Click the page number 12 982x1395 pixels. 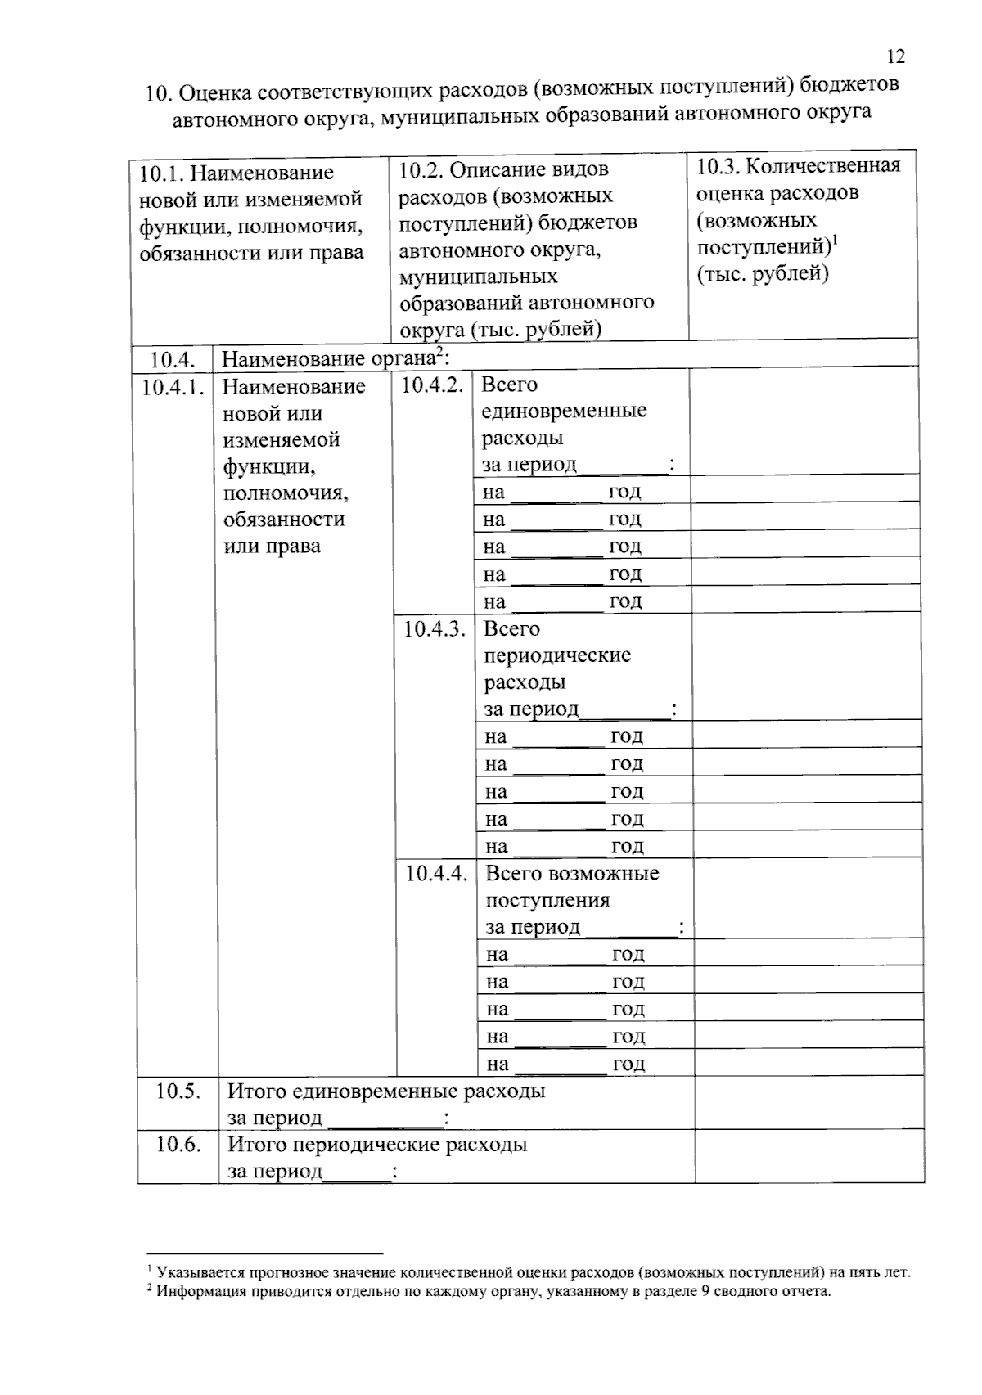point(895,56)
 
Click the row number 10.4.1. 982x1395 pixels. point(173,387)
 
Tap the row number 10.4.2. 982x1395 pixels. point(432,385)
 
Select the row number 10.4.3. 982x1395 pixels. point(434,629)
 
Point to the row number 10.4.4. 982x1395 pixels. point(436,874)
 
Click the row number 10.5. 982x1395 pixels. point(178,1091)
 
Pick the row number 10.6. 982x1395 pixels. point(178,1145)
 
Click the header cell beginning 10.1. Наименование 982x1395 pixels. point(251,212)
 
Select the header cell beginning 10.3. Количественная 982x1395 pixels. point(798,218)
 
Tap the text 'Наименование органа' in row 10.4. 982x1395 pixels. point(327,359)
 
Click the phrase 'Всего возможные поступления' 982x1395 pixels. point(572,886)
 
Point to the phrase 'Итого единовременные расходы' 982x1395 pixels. point(385,1091)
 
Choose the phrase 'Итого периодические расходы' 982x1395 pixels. point(376,1145)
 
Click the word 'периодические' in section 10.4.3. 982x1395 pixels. point(557,655)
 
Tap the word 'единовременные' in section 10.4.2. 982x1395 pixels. point(564,411)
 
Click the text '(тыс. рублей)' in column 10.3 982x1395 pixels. point(763,274)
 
